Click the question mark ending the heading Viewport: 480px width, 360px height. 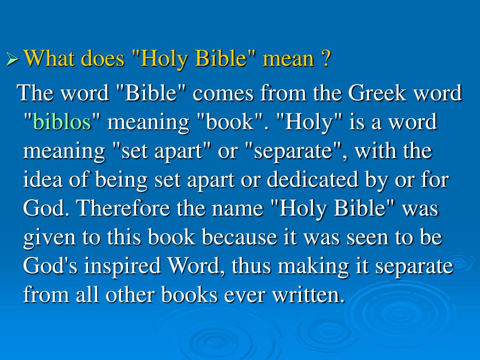[326, 59]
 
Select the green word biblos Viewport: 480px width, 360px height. [62, 122]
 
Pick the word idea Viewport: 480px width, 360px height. [41, 180]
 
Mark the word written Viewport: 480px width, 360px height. [312, 295]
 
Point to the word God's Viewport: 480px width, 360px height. [52, 267]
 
